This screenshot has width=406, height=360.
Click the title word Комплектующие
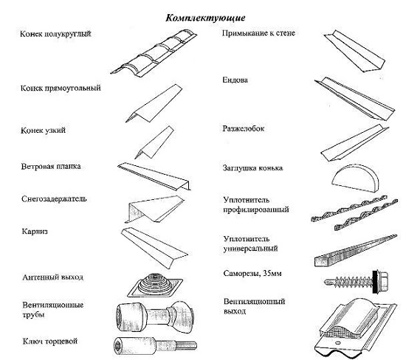pyautogui.click(x=205, y=18)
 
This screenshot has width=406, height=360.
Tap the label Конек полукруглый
pyautogui.click(x=55, y=34)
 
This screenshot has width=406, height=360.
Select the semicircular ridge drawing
pyautogui.click(x=154, y=54)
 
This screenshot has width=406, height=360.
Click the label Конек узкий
pyautogui.click(x=43, y=130)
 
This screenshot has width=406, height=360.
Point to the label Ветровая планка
pyautogui.click(x=51, y=166)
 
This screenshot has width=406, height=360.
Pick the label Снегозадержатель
pyautogui.click(x=54, y=198)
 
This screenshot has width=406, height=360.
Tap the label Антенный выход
pyautogui.click(x=53, y=277)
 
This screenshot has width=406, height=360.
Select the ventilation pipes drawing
pyautogui.click(x=155, y=316)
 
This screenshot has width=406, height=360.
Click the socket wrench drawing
pyautogui.click(x=155, y=346)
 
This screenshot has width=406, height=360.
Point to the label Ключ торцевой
pyautogui.click(x=50, y=342)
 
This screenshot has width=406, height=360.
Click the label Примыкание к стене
pyautogui.click(x=258, y=33)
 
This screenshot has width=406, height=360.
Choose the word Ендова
pyautogui.click(x=235, y=80)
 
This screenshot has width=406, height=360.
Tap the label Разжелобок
pyautogui.click(x=244, y=128)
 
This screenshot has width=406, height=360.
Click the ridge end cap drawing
pyautogui.click(x=356, y=179)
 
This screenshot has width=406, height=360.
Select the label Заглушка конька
pyautogui.click(x=252, y=168)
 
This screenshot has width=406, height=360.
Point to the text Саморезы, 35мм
pyautogui.click(x=252, y=274)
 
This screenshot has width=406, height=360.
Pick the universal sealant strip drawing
pyautogui.click(x=356, y=251)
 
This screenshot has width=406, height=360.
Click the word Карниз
pyautogui.click(x=35, y=232)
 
